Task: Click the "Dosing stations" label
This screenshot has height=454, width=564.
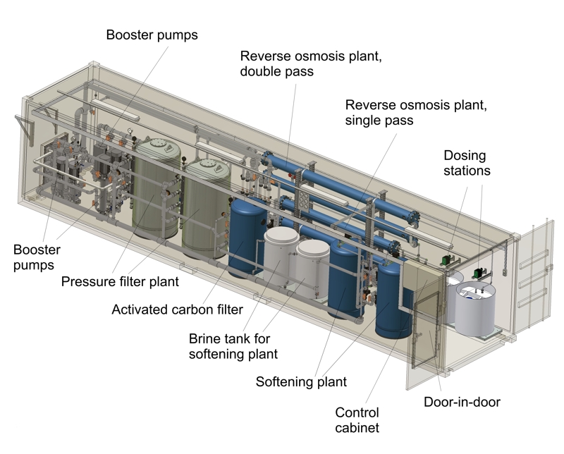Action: (x=465, y=163)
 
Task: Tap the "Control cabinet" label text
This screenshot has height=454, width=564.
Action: (x=357, y=420)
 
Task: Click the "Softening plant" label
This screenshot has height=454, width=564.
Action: (x=301, y=382)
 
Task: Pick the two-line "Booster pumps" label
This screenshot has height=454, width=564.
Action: (x=37, y=257)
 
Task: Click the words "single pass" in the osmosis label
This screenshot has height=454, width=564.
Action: (x=379, y=121)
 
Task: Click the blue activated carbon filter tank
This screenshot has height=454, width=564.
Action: (x=245, y=236)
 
